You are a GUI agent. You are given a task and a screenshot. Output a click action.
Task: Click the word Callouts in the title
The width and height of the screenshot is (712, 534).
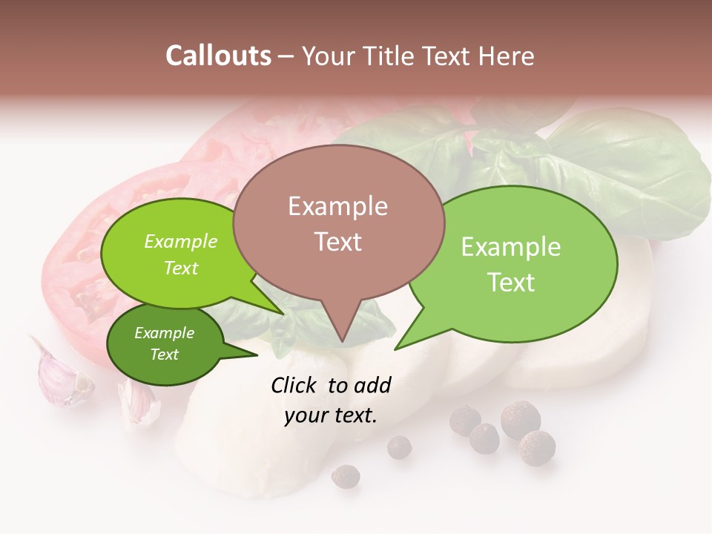click(x=218, y=56)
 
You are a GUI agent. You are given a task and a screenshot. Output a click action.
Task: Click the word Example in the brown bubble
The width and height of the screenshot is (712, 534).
click(x=337, y=206)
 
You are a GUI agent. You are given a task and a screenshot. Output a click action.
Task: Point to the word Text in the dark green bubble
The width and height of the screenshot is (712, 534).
click(x=165, y=355)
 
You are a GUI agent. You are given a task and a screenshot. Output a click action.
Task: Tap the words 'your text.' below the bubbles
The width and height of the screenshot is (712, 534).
click(x=331, y=415)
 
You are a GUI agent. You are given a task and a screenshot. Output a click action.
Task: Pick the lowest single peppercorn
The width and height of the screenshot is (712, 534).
click(x=345, y=475)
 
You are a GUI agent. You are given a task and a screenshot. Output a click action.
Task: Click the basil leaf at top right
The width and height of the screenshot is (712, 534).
click(x=630, y=171)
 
